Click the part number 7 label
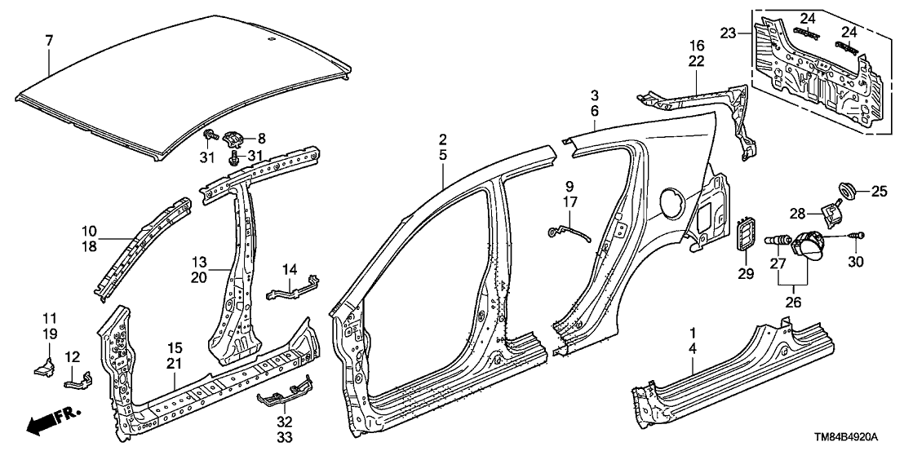[49, 40]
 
